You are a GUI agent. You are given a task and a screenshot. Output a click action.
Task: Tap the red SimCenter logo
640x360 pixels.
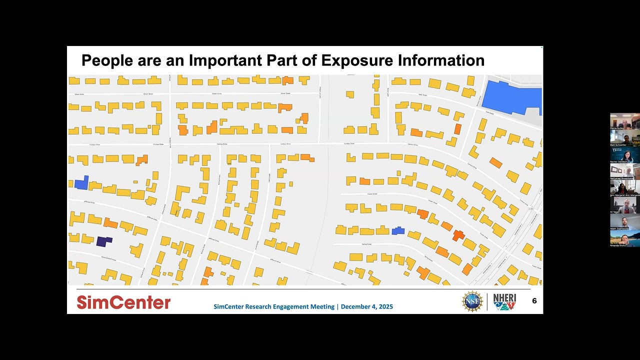pyautogui.click(x=123, y=302)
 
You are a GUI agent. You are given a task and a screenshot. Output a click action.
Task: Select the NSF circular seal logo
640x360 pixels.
pyautogui.click(x=472, y=301)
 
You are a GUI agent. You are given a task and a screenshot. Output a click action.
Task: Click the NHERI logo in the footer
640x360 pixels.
pyautogui.click(x=504, y=301)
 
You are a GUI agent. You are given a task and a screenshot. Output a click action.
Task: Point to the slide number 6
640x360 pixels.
pyautogui.click(x=534, y=300)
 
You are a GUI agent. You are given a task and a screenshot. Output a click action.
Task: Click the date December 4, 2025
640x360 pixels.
pyautogui.click(x=367, y=306)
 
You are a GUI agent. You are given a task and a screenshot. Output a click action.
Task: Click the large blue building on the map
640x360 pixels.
pyautogui.click(x=512, y=96)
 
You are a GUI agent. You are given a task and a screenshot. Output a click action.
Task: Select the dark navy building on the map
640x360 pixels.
pyautogui.click(x=103, y=241)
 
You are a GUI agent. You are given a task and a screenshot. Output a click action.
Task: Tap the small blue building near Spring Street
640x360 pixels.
pyautogui.click(x=398, y=230)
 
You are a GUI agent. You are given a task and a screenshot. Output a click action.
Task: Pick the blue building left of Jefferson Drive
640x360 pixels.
pyautogui.click(x=81, y=182)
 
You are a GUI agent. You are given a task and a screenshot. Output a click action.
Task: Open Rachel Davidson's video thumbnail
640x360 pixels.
pyautogui.click(x=624, y=155)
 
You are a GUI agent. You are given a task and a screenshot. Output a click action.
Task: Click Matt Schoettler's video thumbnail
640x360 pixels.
pyautogui.click(x=624, y=138)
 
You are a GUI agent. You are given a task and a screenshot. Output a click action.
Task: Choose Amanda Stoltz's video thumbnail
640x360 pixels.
pyautogui.click(x=624, y=238)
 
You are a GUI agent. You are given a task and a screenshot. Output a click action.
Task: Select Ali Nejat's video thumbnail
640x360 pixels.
pyautogui.click(x=624, y=204)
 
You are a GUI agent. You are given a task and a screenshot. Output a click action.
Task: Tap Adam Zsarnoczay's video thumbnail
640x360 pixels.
pyautogui.click(x=624, y=221)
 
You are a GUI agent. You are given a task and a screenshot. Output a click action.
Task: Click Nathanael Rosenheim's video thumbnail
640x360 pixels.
pyautogui.click(x=624, y=171)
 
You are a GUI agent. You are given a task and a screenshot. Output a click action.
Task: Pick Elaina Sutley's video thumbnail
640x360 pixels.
pyautogui.click(x=624, y=121)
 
